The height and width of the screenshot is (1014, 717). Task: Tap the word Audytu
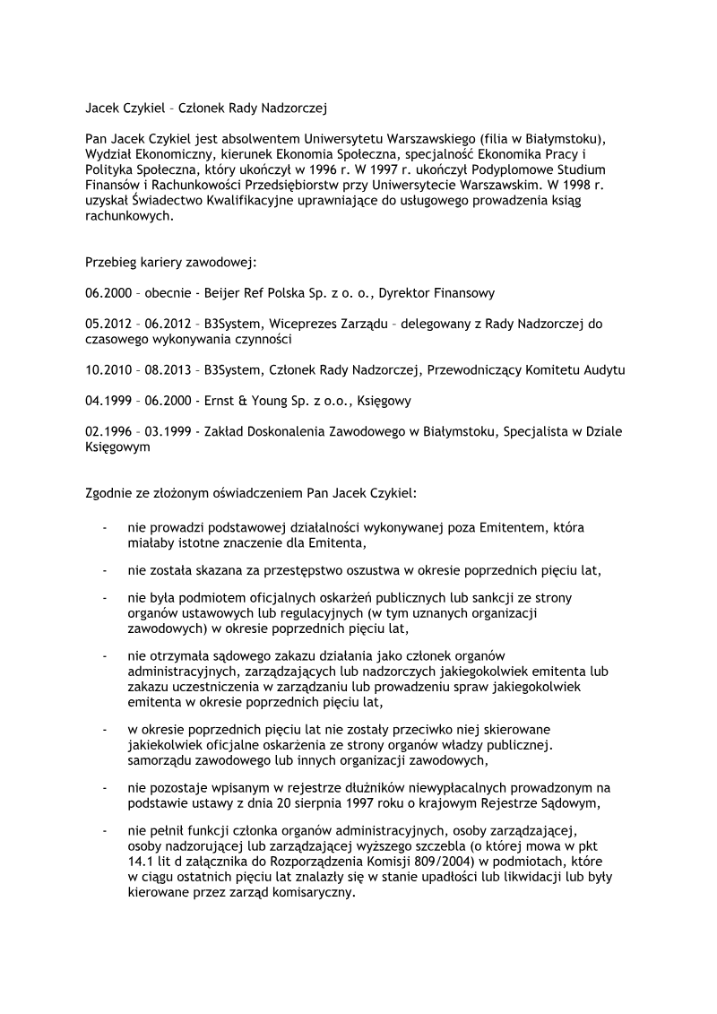tap(603, 369)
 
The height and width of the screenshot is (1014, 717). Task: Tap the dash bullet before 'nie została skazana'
tap(106, 570)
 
